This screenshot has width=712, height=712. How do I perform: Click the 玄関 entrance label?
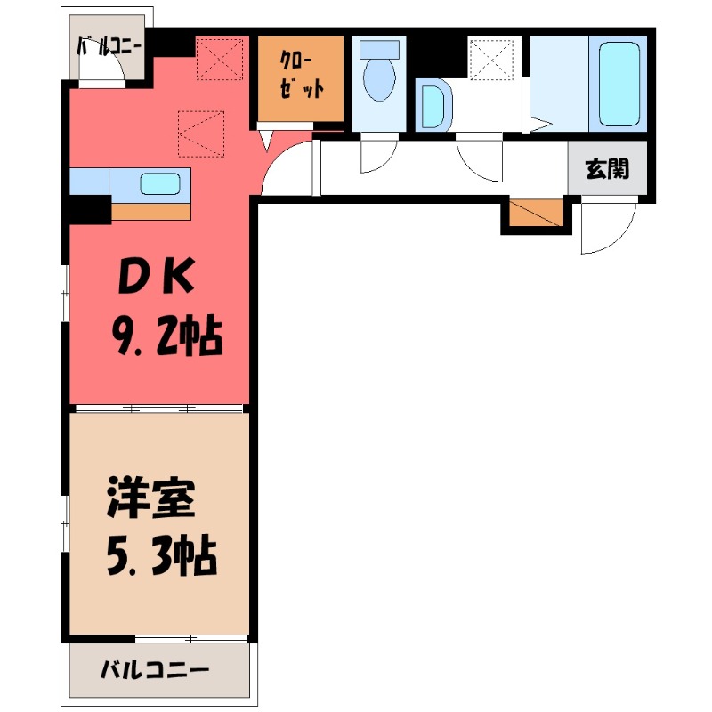(607, 169)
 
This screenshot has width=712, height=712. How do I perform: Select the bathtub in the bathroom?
(621, 83)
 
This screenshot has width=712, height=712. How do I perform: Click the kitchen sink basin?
(161, 184)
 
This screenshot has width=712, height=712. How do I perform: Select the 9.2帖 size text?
(166, 336)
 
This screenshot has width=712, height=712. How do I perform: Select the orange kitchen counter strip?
(150, 212)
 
